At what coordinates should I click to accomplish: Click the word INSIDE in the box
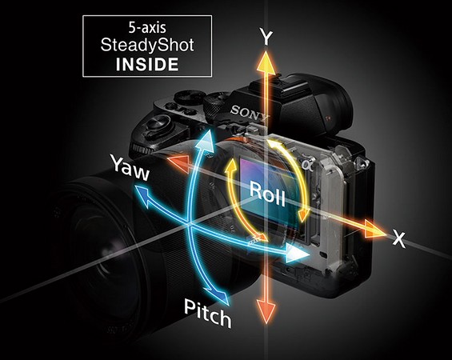tap(147, 64)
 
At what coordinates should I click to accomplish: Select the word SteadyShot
tap(147, 46)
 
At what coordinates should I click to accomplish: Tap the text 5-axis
tap(147, 28)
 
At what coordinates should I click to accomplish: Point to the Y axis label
tap(266, 37)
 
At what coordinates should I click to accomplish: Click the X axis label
tap(399, 239)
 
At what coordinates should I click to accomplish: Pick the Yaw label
tap(131, 168)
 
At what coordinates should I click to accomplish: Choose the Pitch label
tap(207, 313)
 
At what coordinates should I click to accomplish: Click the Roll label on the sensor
tap(267, 194)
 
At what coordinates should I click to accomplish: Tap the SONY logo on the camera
tap(250, 113)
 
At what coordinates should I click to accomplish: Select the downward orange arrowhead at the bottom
tap(266, 311)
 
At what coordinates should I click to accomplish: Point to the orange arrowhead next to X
tap(374, 230)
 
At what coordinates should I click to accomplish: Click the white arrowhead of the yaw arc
tap(297, 253)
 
